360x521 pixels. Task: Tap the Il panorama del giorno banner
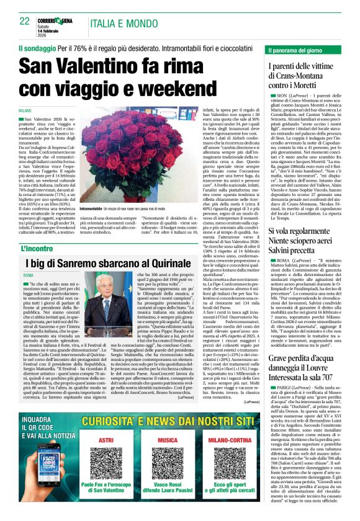pyautogui.click(x=304, y=50)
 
